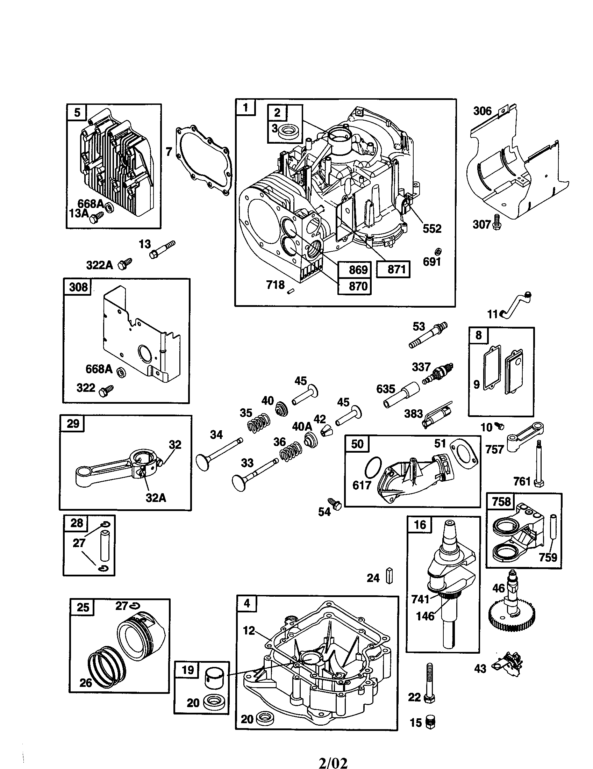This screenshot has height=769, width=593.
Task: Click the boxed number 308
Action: click(x=78, y=287)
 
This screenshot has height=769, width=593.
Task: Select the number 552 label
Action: click(x=432, y=229)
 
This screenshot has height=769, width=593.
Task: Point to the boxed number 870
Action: click(x=358, y=286)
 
